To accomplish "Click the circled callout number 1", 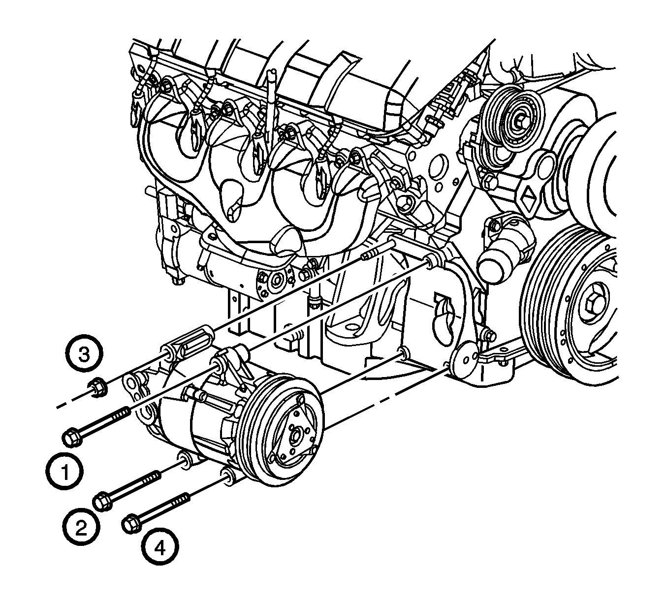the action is coord(64,471).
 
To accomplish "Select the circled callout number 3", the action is coord(84,355).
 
